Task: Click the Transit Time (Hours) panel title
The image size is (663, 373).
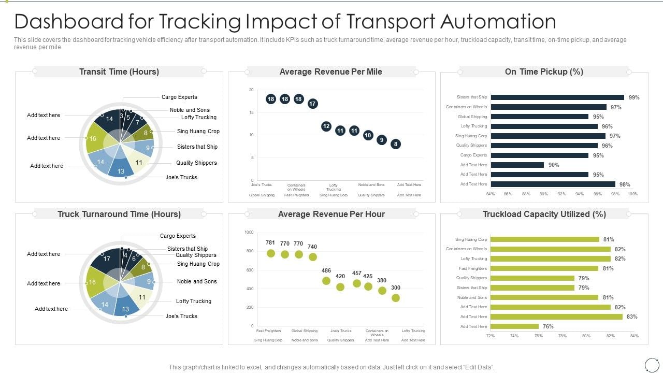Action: [119, 71]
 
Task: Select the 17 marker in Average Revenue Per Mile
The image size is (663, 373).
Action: [312, 104]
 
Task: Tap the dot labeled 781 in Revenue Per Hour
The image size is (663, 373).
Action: [270, 253]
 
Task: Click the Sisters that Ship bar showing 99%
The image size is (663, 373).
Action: [557, 97]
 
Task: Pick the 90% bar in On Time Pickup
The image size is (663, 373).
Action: [517, 165]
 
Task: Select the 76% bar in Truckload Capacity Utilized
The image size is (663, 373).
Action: [514, 326]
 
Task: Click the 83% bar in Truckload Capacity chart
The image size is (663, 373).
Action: [556, 317]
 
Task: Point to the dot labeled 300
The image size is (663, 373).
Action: [396, 298]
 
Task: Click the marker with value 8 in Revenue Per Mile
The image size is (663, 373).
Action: [395, 144]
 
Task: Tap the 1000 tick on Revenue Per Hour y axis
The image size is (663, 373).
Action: [249, 233]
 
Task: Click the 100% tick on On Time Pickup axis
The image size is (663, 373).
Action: [632, 194]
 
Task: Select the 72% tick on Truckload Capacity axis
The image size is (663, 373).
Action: [491, 336]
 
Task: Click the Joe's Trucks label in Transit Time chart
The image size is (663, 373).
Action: [181, 177]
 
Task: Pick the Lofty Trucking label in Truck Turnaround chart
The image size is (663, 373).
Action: [193, 301]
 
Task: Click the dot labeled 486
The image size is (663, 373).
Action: [326, 281]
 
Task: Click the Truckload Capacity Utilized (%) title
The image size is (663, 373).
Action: [544, 214]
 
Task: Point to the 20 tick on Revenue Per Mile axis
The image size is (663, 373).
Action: [251, 90]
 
